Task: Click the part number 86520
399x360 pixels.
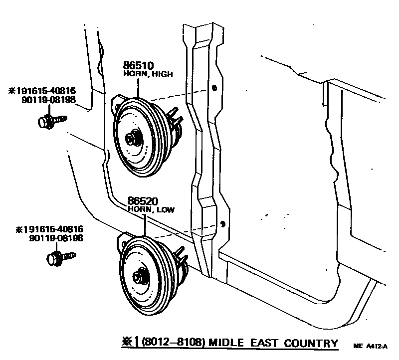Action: point(143,201)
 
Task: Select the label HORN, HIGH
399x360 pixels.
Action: point(148,74)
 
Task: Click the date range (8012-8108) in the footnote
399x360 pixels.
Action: point(173,343)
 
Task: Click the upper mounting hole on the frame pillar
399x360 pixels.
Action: point(214,88)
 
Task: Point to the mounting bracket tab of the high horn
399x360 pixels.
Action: point(117,102)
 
